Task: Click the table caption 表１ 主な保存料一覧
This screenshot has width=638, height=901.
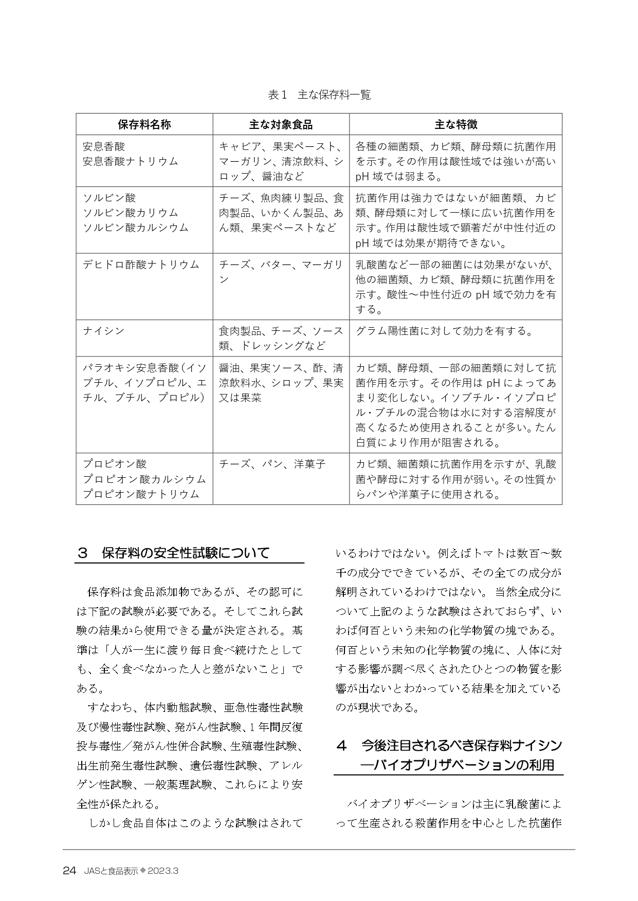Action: click(319, 95)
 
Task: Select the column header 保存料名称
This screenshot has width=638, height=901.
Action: click(144, 124)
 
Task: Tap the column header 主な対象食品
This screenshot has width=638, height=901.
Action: click(281, 124)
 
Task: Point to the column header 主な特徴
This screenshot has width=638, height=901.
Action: click(455, 124)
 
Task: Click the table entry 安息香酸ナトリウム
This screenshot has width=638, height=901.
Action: click(131, 161)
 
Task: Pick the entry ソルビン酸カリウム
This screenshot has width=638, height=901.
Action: click(131, 213)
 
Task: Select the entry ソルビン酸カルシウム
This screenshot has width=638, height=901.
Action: click(136, 228)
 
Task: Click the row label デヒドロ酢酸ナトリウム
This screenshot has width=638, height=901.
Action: click(141, 265)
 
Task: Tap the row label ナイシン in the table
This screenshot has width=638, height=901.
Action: click(104, 331)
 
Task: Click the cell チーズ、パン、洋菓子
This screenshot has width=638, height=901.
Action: click(272, 464)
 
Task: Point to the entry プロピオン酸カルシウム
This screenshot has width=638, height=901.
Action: click(144, 479)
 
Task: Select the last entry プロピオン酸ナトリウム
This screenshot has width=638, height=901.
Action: click(141, 494)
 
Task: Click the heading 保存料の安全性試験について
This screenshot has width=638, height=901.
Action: click(186, 553)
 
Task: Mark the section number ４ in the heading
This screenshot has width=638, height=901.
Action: click(341, 745)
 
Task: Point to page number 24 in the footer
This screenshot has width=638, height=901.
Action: click(69, 871)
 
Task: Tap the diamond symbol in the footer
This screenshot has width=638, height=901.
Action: click(143, 870)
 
